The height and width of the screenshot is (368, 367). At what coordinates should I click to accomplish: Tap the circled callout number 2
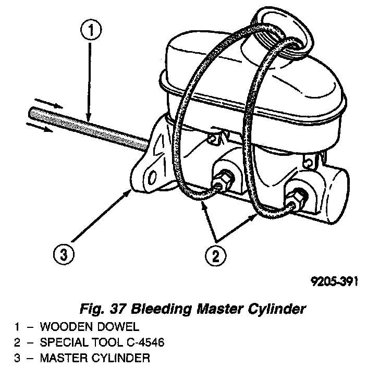tap(215, 255)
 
